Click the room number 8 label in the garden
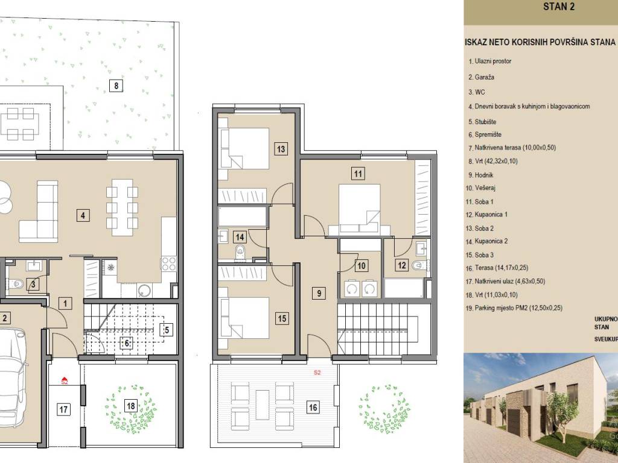coord(116,86)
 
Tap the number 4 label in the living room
coord(83,215)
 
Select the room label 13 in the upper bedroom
coord(281,149)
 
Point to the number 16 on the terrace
coord(313,407)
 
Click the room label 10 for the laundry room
coord(361,266)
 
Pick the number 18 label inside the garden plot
coord(131,406)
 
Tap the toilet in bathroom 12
coord(418,266)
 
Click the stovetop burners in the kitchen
coord(169,264)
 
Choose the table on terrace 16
coord(262,405)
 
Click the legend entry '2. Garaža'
coord(481,77)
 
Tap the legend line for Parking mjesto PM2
coord(514,308)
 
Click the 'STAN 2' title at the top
coord(558,6)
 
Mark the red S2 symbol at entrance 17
coord(65,381)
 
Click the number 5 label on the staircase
coord(167,329)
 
